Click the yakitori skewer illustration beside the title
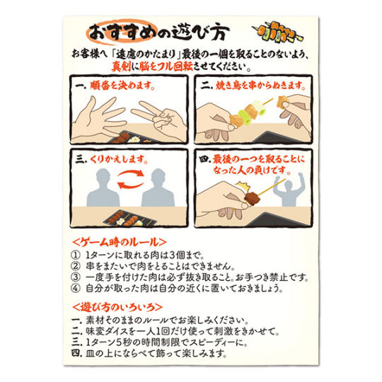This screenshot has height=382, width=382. coord(278,33)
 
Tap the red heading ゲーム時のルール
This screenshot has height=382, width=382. coord(120,242)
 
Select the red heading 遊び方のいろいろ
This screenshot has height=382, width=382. coord(117,307)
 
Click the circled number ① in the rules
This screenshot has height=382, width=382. coord(75,255)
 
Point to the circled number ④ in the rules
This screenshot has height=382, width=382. coord(75,288)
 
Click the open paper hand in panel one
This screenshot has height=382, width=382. coord(100,118)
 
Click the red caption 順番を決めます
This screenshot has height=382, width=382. coord(122,86)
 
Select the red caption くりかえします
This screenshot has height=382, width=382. coord(119,160)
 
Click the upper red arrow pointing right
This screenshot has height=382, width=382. coord(131,173)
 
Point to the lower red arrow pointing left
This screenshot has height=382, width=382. coord(131,185)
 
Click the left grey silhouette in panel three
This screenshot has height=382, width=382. coord(103,187)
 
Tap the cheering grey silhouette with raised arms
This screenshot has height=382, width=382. coord(289,189)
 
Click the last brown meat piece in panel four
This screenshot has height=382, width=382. coord(253,199)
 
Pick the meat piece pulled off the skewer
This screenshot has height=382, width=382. coord(282,102)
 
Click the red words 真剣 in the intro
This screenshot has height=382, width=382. coord(121,66)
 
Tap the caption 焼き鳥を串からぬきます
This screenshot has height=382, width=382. coord(260,86)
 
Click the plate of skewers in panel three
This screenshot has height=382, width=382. coord(130,219)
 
